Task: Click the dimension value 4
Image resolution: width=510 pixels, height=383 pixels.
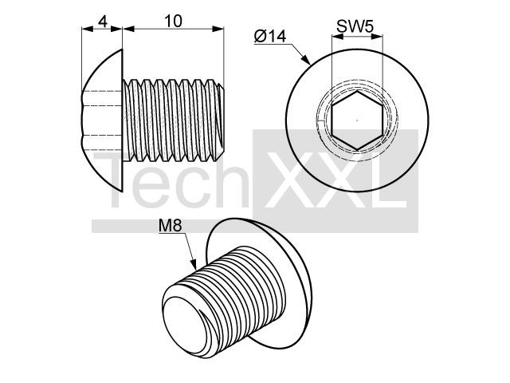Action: [x=103, y=22]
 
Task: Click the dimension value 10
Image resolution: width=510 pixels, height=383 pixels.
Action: [x=173, y=22]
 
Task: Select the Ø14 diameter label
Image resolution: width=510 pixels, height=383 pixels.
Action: [x=270, y=37]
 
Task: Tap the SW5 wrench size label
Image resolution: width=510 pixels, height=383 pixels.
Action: [x=355, y=26]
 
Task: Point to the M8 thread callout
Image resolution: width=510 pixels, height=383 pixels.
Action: [x=170, y=226]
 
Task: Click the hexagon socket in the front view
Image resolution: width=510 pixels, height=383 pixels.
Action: [x=357, y=120]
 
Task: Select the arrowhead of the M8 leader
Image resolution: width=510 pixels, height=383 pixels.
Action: [x=193, y=264]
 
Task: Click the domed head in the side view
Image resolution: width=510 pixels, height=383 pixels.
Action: [x=102, y=120]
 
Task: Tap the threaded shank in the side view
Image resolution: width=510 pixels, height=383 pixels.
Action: [x=174, y=120]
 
